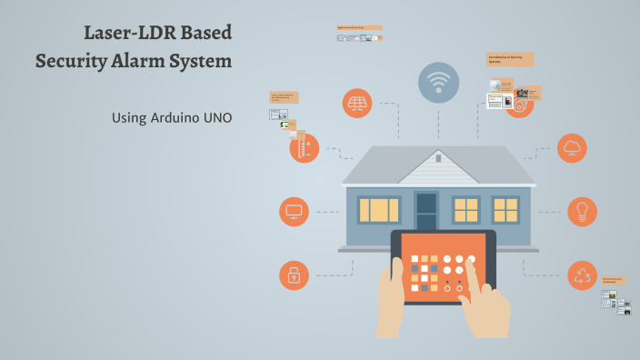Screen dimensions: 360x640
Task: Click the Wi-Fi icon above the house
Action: [x=439, y=83]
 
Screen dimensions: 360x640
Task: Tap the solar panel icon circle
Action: [x=357, y=103]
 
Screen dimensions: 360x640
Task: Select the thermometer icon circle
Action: [x=305, y=148]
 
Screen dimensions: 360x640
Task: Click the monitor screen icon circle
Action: [x=294, y=211]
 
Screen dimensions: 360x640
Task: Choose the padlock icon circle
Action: [x=294, y=275]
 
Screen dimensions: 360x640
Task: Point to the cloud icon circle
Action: [x=573, y=147]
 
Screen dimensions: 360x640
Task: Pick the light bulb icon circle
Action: [x=582, y=211]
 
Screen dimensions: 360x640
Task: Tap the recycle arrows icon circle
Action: [x=582, y=275]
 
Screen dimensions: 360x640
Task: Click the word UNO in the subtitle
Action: [x=217, y=118]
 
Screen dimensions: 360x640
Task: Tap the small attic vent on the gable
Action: [x=437, y=158]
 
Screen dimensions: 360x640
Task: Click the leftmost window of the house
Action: [x=378, y=210]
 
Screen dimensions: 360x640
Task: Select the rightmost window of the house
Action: [x=505, y=210]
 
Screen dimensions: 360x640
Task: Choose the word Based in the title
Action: [x=205, y=33]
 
